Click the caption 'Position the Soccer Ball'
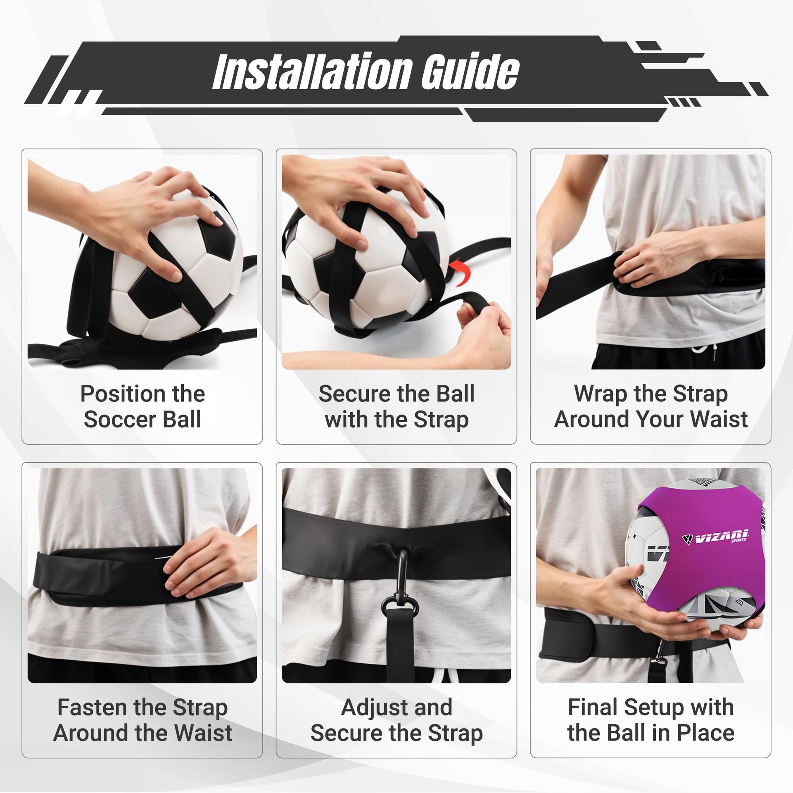(142, 406)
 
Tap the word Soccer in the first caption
(120, 420)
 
